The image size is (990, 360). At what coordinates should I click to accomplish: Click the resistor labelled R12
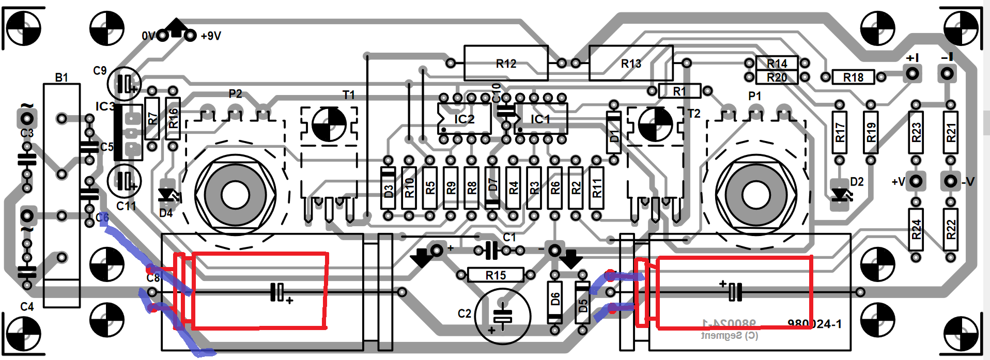pyautogui.click(x=506, y=63)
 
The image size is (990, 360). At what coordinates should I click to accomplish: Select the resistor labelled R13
pyautogui.click(x=631, y=63)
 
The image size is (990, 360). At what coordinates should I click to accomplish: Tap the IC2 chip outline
pyautogui.click(x=464, y=119)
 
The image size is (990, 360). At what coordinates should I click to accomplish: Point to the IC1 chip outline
pyautogui.click(x=540, y=119)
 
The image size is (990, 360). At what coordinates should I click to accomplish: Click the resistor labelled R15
pyautogui.click(x=496, y=275)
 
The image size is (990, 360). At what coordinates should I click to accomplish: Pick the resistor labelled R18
pyautogui.click(x=853, y=77)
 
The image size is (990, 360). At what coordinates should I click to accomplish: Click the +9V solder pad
pyautogui.click(x=191, y=35)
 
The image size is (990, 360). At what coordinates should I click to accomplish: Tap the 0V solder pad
pyautogui.click(x=163, y=35)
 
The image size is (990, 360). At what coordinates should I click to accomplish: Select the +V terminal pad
pyautogui.click(x=916, y=181)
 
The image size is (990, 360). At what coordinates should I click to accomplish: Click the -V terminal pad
pyautogui.click(x=950, y=181)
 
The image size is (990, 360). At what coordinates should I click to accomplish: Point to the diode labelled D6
pyautogui.click(x=554, y=301)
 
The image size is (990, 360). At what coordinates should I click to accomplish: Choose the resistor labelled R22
pyautogui.click(x=951, y=229)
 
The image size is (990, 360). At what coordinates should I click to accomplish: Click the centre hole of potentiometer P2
pyautogui.click(x=236, y=195)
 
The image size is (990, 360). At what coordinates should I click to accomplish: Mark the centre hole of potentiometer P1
pyautogui.click(x=756, y=195)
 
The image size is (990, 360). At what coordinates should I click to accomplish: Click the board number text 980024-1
pyautogui.click(x=814, y=324)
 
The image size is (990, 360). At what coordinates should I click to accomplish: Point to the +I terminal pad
pyautogui.click(x=913, y=73)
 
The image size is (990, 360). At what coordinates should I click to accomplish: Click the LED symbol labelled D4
pyautogui.click(x=167, y=195)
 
